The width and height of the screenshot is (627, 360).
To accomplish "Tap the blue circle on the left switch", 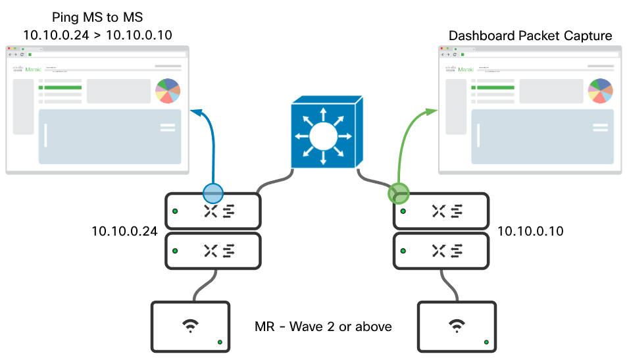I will click(x=213, y=192).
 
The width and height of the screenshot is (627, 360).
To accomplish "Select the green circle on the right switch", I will click(x=398, y=193).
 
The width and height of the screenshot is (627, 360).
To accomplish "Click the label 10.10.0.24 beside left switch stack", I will click(x=125, y=231).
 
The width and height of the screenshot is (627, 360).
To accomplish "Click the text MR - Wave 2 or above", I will click(x=323, y=326).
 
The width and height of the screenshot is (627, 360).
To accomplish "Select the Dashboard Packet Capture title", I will click(x=530, y=36).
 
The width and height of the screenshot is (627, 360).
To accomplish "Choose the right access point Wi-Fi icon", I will click(x=456, y=324).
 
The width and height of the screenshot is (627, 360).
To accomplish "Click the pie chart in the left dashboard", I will click(x=168, y=91).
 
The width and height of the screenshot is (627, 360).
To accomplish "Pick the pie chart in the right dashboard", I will click(x=601, y=91).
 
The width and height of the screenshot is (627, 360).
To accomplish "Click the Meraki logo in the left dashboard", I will click(x=28, y=68).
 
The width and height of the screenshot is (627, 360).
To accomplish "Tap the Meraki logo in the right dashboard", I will click(x=461, y=68).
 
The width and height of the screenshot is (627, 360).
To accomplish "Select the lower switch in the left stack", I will click(x=213, y=251).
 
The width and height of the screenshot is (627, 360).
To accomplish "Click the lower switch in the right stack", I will click(x=441, y=251).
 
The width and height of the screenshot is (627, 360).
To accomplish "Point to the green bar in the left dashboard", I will click(x=61, y=87).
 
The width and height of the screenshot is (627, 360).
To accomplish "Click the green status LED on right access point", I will click(x=486, y=342).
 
